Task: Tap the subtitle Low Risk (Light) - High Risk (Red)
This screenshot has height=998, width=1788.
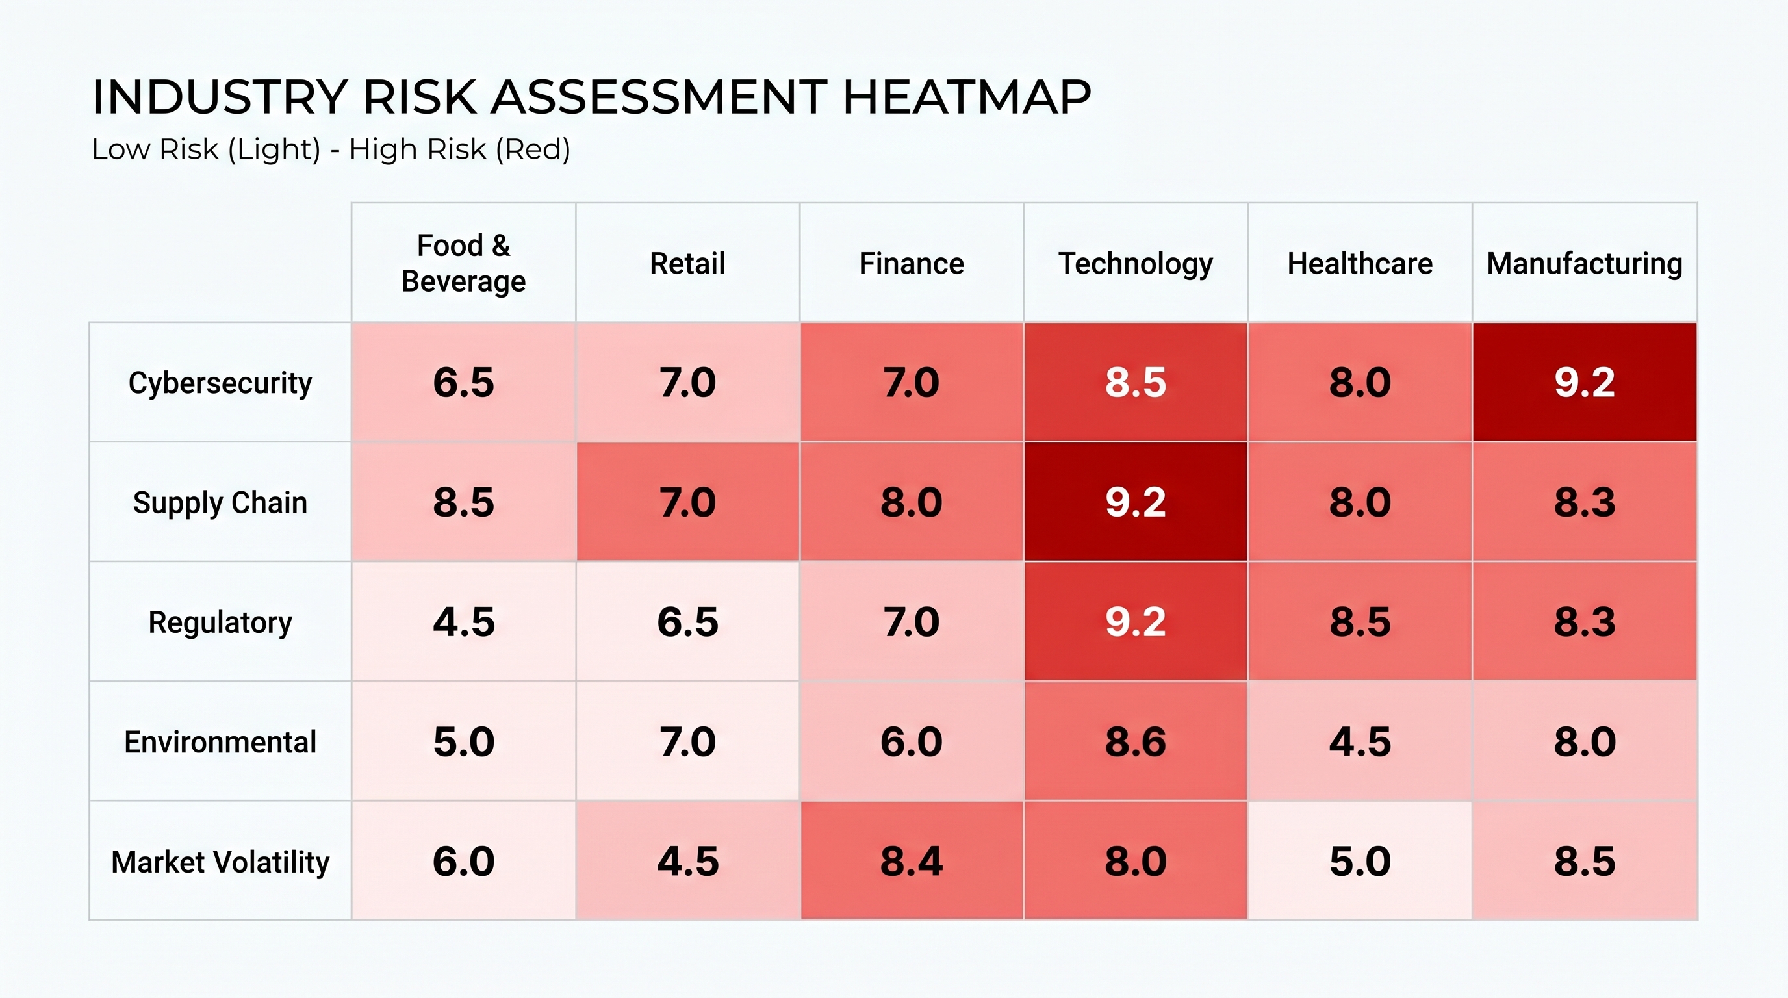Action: click(331, 150)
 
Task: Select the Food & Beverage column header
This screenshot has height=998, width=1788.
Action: click(464, 263)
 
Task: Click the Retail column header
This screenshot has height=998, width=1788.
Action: click(687, 264)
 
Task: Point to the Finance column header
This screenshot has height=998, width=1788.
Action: click(912, 264)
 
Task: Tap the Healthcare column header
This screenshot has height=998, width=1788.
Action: click(1360, 264)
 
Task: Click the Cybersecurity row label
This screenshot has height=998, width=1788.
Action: click(220, 383)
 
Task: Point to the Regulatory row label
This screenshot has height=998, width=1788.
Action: click(220, 622)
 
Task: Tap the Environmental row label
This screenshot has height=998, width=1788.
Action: click(220, 742)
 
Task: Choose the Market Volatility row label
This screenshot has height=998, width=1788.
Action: click(220, 862)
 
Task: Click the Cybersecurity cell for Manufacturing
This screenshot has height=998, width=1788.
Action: click(1585, 381)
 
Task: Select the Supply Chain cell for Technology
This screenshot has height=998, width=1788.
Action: click(1136, 502)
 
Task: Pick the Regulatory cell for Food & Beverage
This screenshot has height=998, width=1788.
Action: click(464, 621)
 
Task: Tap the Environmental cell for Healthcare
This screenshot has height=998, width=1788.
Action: click(1360, 741)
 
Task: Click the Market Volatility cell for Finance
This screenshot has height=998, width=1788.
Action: click(912, 861)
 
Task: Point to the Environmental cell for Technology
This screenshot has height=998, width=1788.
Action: click(1136, 741)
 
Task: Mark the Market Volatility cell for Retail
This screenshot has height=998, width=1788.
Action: click(687, 861)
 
